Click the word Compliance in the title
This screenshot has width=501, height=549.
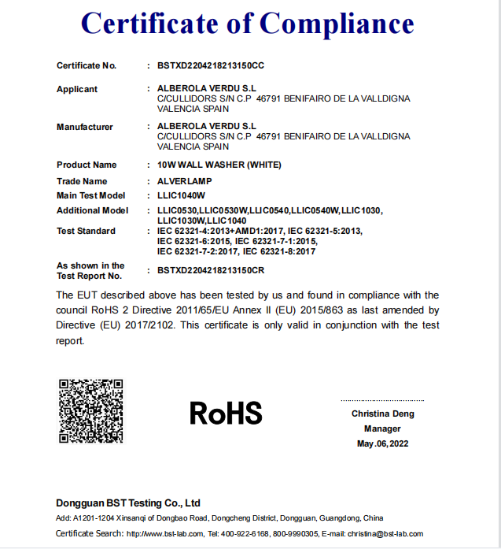337,24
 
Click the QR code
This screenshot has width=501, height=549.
91,410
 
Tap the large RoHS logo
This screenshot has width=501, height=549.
226,412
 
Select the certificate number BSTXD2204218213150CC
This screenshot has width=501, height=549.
211,65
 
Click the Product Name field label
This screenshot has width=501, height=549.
87,165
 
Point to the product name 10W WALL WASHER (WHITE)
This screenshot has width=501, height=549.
219,165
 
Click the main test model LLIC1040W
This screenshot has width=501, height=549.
181,195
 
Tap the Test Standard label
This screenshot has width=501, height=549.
86,231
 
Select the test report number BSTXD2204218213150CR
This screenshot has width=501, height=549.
211,270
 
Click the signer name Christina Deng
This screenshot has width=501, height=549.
382,414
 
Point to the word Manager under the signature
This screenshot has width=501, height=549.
382,428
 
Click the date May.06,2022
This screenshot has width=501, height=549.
382,443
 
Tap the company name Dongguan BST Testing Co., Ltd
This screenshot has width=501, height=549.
128,503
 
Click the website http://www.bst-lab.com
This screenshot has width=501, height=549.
164,534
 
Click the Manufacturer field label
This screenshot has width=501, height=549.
85,127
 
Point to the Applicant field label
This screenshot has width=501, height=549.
77,89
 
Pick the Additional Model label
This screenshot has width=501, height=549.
91,210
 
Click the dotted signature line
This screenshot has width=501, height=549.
382,401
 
